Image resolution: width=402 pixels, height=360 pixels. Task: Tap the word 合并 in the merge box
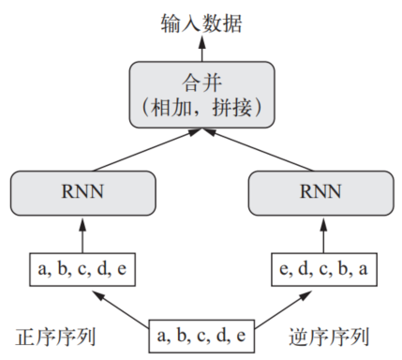coord(200,82)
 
